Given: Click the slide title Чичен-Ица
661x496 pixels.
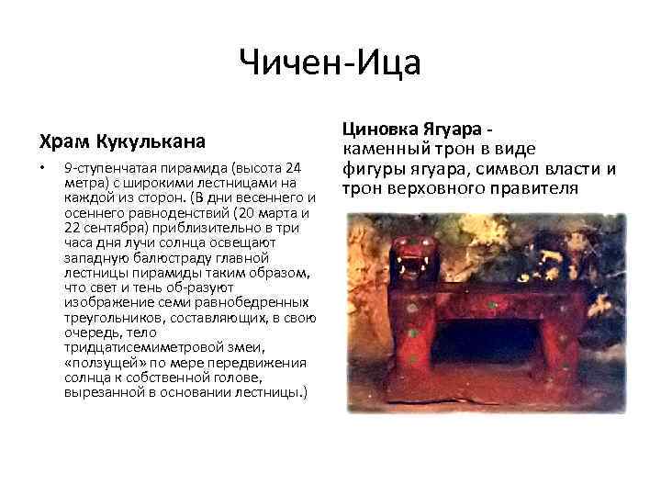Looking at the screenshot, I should [x=330, y=63].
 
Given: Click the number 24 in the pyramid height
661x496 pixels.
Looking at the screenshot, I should [x=293, y=169].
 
